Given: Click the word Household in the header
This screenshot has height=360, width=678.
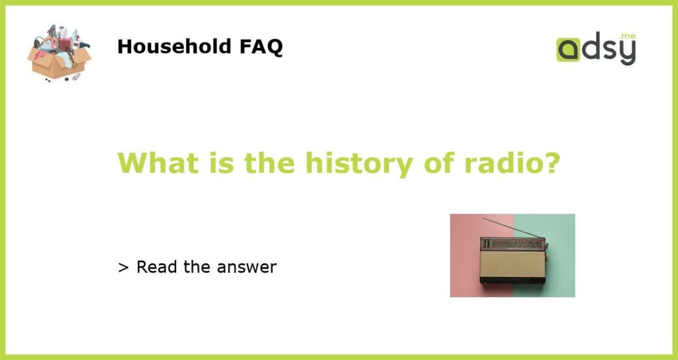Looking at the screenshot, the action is tap(174, 46).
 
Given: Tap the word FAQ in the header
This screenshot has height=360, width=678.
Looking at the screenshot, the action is tap(261, 47).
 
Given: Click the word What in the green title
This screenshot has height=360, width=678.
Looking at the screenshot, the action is tap(158, 163).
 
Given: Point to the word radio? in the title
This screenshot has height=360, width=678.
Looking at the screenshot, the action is tap(512, 163).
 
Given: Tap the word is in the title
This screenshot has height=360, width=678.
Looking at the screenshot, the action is tap(221, 163).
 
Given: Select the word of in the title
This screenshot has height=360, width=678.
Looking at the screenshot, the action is tap(438, 163).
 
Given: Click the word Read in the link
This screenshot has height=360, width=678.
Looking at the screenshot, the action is tap(157, 267).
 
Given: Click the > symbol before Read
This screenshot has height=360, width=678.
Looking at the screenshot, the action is tap(123, 268).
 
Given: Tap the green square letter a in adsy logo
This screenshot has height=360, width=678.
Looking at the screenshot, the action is tap(568, 50).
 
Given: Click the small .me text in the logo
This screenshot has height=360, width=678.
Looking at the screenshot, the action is tap(628, 37).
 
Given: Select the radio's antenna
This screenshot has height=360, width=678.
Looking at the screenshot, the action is tap(512, 228).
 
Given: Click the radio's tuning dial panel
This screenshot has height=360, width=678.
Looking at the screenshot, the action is tap(512, 244).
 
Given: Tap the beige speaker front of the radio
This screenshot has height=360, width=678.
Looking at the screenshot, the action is tap(512, 264).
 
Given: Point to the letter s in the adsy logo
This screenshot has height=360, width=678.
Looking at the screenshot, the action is tap(609, 51).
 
